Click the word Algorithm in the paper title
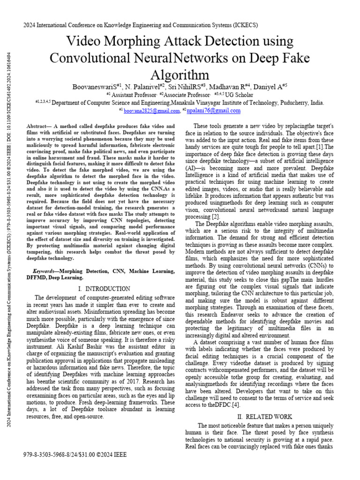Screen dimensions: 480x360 point(180,75)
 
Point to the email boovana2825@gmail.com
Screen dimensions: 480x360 point(151,111)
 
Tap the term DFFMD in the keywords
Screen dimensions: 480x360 point(37,277)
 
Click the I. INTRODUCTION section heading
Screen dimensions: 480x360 point(105,289)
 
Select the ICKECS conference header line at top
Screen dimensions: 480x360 point(141,25)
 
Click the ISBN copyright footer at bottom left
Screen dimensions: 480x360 point(75,455)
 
